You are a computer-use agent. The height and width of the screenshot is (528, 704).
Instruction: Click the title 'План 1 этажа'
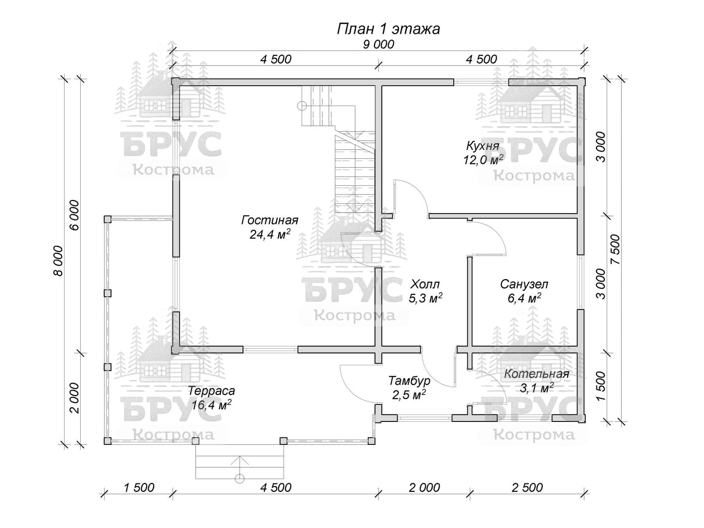pyautogui.click(x=388, y=29)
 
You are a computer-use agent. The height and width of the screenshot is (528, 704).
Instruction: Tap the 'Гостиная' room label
pyautogui.click(x=270, y=220)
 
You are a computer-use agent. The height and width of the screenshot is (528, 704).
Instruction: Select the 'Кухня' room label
pyautogui.click(x=483, y=146)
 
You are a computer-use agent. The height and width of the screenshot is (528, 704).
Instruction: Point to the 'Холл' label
pyautogui.click(x=425, y=284)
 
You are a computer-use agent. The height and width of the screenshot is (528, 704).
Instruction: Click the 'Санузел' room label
pyautogui.click(x=524, y=284)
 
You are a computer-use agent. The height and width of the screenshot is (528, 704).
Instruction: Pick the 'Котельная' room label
pyautogui.click(x=537, y=374)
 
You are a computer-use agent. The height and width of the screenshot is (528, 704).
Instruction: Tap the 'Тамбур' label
pyautogui.click(x=409, y=381)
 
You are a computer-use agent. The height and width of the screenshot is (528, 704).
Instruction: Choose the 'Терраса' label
pyautogui.click(x=211, y=391)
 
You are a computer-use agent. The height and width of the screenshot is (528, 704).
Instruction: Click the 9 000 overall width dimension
pyautogui.click(x=378, y=44)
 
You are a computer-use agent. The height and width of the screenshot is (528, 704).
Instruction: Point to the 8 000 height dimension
pyautogui.click(x=58, y=261)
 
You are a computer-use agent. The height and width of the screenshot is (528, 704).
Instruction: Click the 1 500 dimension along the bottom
pyautogui.click(x=139, y=487)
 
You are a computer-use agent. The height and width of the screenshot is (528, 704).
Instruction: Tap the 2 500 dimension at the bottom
pyautogui.click(x=527, y=487)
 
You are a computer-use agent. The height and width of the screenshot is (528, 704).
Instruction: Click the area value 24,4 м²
pyautogui.click(x=270, y=235)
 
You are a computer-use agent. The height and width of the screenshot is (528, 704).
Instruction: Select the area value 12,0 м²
pyautogui.click(x=483, y=159)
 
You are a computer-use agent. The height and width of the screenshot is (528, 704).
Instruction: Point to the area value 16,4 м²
pyautogui.click(x=211, y=405)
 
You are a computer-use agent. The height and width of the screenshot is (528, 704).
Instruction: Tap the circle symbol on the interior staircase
pyautogui.click(x=302, y=106)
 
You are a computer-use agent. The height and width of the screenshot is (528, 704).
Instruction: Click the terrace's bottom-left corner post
pyautogui.click(x=108, y=441)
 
